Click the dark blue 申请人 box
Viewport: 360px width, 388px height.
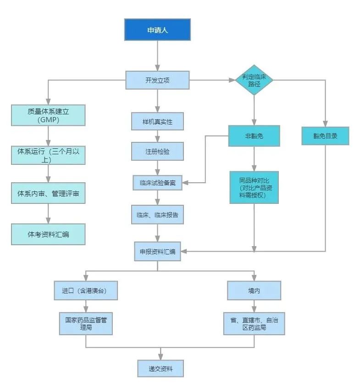coord(157,29)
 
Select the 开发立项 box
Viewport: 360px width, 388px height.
coord(157,80)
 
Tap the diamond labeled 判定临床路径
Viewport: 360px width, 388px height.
coord(254,80)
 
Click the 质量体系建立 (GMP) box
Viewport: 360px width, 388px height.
coord(48,115)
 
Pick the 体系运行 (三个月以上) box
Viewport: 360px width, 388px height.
coord(48,156)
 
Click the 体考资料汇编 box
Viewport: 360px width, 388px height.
coord(48,235)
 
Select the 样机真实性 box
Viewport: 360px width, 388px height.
coord(157,122)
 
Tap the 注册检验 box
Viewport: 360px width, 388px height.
coord(157,151)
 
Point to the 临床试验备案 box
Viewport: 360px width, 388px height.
coord(157,182)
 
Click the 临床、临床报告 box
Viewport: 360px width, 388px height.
coord(157,214)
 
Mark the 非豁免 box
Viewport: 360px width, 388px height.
coord(254,136)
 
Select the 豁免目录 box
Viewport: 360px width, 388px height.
coord(325,136)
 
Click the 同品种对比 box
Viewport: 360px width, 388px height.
coord(254,187)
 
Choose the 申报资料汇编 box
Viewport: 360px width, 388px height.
coord(157,251)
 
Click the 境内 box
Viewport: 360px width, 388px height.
coord(254,290)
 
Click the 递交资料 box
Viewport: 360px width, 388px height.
coord(160,368)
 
